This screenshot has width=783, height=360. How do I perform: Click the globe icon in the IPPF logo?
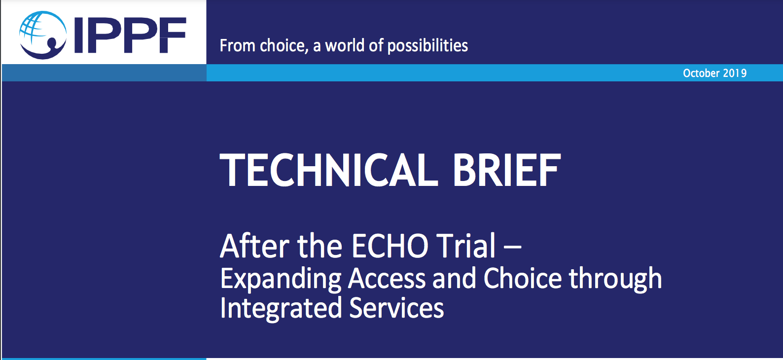tap(42, 35)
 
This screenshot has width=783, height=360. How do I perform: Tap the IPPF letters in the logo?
tap(130, 36)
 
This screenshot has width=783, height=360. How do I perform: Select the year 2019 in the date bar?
tap(735, 73)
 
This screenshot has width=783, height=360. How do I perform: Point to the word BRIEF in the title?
tap(507, 170)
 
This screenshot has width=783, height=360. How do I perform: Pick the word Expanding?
tap(281, 280)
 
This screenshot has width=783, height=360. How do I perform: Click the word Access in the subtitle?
tap(387, 279)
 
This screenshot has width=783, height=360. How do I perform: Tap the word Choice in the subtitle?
tap(523, 278)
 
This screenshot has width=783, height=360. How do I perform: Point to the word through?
tap(615, 280)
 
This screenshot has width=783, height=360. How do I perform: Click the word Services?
tap(397, 308)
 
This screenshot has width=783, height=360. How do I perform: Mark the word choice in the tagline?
tap(284, 46)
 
